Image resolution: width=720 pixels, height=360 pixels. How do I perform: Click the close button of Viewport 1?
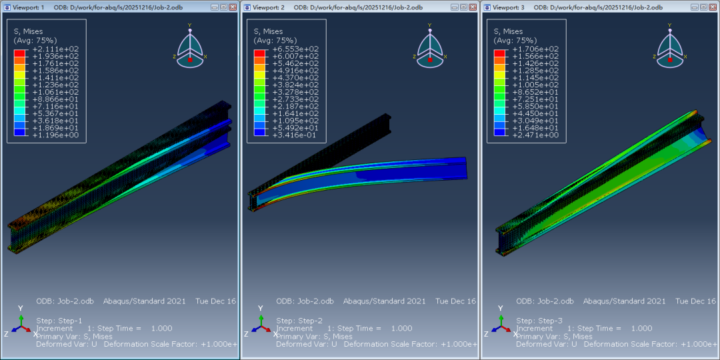pyautogui.click(x=233, y=7)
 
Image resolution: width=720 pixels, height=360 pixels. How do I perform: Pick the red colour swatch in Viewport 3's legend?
pyautogui.click(x=499, y=53)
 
